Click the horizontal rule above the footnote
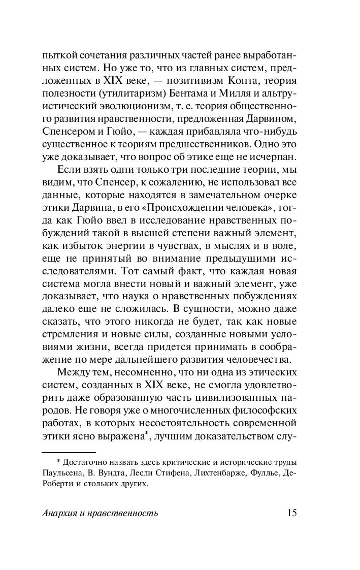pyautogui.click(x=69, y=452)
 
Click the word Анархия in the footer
pyautogui.click(x=60, y=513)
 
